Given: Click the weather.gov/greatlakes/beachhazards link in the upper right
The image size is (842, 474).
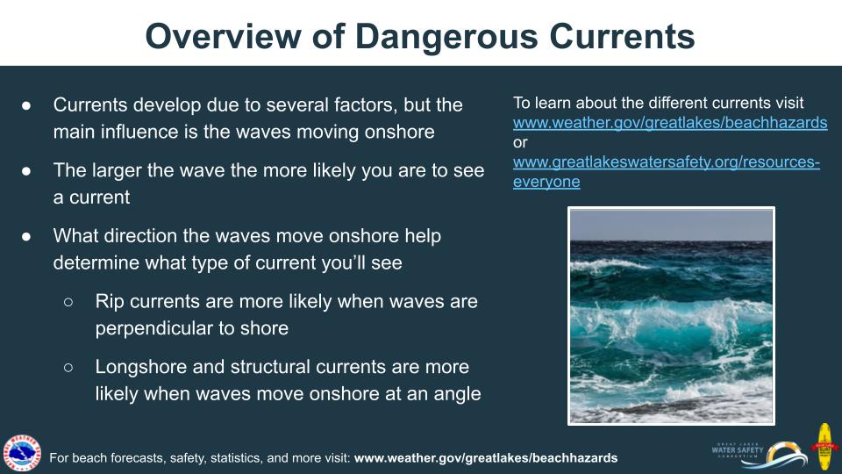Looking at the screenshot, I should point(670,123).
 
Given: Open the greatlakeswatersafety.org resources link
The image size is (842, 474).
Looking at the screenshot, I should point(666,162).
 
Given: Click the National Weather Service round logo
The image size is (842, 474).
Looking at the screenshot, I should point(22,453).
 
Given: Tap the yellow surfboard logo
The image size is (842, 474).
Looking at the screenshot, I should point(824,447).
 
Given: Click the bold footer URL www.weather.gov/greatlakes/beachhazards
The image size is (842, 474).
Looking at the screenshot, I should point(485,458).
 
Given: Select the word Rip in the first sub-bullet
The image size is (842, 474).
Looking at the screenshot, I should point(110,302).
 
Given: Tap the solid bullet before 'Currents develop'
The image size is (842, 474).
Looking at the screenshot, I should point(26,105).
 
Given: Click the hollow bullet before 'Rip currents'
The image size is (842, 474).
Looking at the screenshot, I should point(68,302).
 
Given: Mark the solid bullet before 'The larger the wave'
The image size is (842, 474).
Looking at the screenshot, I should point(26,171).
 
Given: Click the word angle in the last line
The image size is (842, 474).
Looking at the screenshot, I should point(456,393).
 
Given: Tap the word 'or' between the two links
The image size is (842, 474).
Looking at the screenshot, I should point(520,142).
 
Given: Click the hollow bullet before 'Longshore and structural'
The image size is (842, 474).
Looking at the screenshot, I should point(68,367).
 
